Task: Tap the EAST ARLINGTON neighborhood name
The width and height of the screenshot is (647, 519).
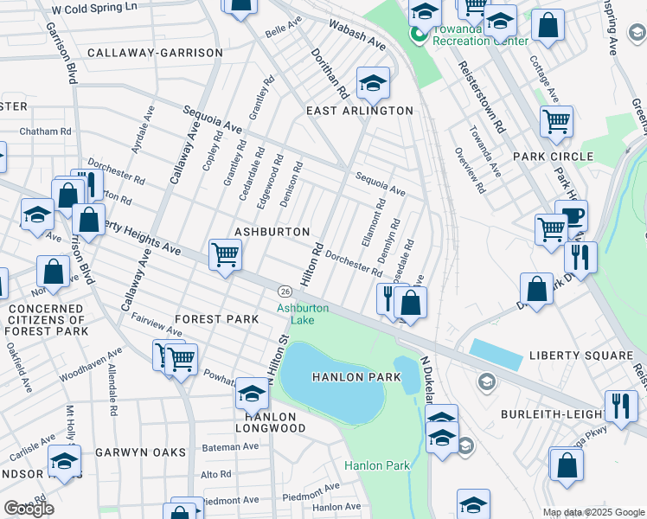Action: [x=360, y=111]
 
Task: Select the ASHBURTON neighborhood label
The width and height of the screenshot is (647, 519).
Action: [x=272, y=232]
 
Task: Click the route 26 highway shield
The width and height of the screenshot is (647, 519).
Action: [x=284, y=289]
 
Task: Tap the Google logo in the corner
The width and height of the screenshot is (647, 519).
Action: [x=29, y=508]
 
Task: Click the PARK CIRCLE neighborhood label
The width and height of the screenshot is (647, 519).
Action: [x=553, y=157]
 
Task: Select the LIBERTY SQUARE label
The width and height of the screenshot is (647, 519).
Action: [x=580, y=356]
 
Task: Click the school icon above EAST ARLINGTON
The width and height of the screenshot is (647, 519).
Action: [x=373, y=82]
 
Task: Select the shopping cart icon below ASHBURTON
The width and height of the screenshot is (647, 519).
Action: [x=225, y=254]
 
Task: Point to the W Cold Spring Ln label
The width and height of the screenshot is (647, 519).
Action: [x=94, y=7]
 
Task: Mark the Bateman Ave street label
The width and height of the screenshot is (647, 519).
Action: [x=229, y=446]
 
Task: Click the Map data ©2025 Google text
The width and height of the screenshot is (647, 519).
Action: [x=593, y=512]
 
